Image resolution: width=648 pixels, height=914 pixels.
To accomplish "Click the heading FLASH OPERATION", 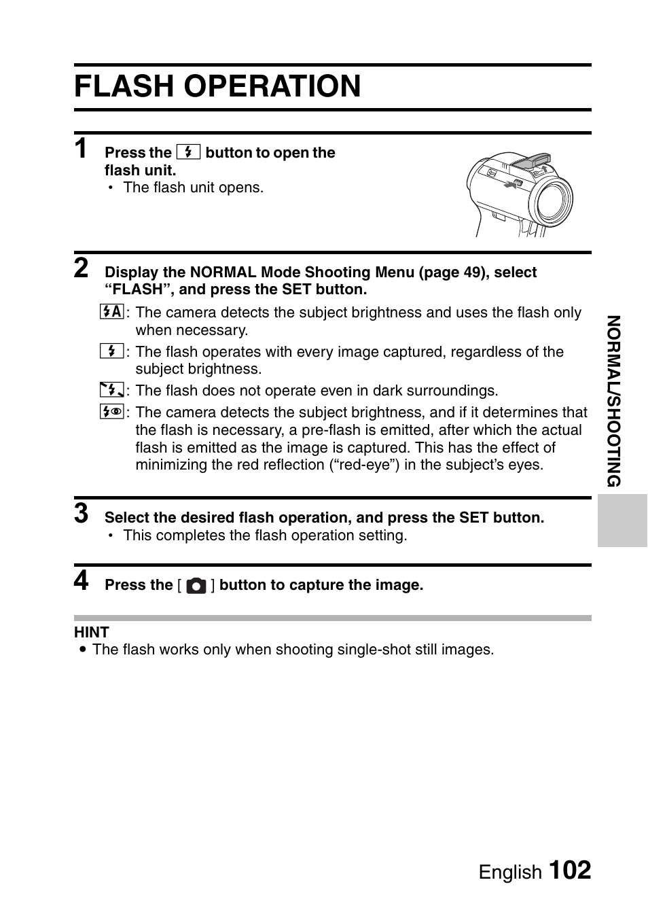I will click(217, 86).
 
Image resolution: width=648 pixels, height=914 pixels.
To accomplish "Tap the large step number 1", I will click(82, 148).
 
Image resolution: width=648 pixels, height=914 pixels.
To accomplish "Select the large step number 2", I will click(82, 268).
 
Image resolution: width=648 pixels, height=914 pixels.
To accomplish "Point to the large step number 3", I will click(82, 514).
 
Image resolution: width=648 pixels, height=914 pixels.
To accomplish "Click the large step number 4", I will click(82, 581).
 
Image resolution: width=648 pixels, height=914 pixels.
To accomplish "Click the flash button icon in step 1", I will click(188, 152).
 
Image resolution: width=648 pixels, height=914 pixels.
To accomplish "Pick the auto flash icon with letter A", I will click(111, 312).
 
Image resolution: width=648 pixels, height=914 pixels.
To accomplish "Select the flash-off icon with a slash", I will click(111, 390).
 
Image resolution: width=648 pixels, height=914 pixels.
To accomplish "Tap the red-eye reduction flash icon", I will click(111, 412).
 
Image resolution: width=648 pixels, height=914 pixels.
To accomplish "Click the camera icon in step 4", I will click(196, 586).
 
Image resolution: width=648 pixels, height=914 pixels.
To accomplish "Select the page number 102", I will click(569, 870).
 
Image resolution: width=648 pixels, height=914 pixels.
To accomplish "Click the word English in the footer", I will click(510, 872).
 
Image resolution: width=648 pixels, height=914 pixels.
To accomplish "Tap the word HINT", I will click(92, 632).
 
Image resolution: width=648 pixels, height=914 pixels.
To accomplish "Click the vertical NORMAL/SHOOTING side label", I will click(613, 401).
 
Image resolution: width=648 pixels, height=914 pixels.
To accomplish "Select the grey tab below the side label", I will click(622, 521).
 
